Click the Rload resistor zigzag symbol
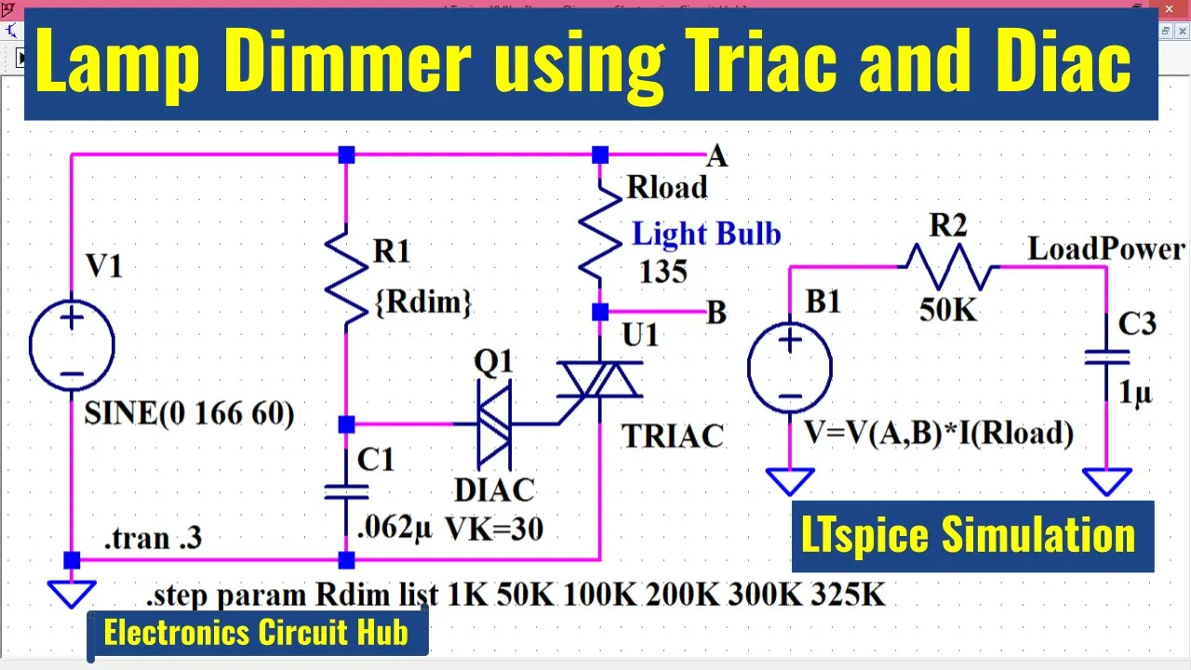coord(600,231)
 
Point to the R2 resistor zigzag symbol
coord(950,266)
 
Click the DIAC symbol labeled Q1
coord(494,424)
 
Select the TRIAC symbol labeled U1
coord(600,382)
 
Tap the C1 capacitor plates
coord(346,492)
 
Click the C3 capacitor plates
coord(1107,357)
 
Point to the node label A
coord(716,156)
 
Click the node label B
coord(716,312)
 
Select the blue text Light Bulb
coord(706,234)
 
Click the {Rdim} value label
coord(423,302)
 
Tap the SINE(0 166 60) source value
coord(189,413)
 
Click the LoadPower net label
coord(1106,248)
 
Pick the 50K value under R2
coord(948,310)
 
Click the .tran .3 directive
coord(154,538)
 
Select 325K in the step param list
coord(848,594)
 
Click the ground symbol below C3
coord(1107,481)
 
